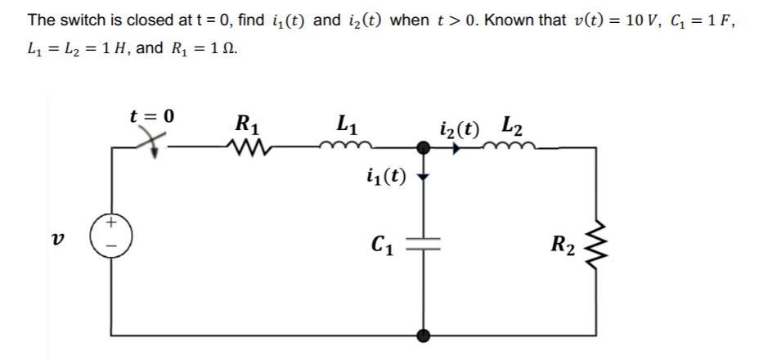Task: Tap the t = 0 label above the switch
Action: [x=152, y=115]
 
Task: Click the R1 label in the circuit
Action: [x=247, y=125]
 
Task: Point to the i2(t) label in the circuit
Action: [x=460, y=128]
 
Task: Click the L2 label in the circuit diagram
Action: [x=513, y=127]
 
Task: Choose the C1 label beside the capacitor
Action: [x=383, y=243]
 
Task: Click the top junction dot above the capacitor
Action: [x=424, y=148]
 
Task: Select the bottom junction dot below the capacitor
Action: [x=424, y=335]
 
